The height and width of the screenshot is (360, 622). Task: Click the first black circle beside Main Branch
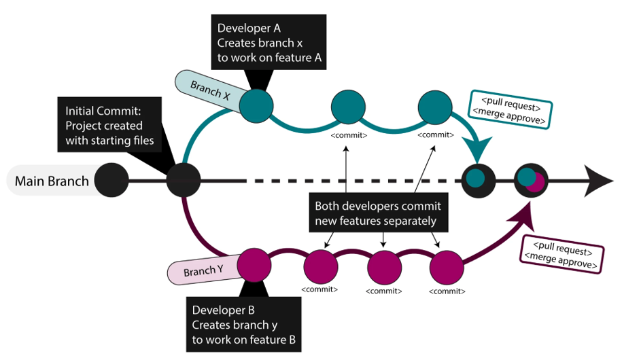(111, 181)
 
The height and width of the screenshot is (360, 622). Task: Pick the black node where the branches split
(184, 181)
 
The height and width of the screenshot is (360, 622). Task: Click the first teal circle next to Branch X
(256, 105)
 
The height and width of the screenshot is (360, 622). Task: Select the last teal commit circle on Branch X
(436, 108)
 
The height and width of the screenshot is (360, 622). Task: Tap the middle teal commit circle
(349, 108)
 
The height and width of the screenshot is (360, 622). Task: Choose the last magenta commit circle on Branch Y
(447, 266)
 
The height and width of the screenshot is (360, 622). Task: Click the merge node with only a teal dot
(477, 180)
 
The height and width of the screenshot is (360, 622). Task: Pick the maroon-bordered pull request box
(561, 253)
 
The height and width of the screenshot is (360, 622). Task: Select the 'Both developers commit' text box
(378, 213)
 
